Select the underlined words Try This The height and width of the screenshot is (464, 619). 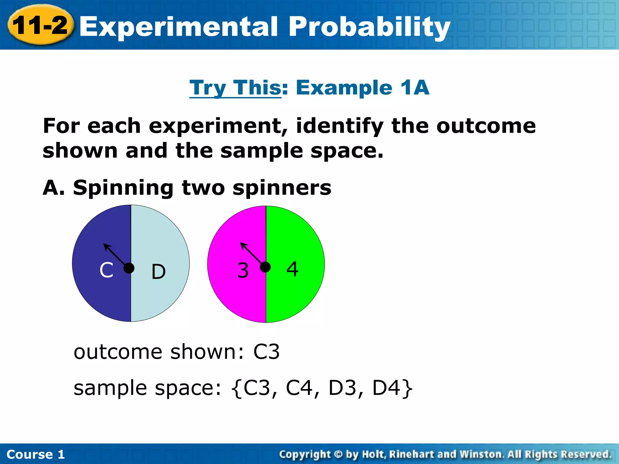235,88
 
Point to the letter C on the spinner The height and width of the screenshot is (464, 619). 106,270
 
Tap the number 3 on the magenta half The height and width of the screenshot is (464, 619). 243,270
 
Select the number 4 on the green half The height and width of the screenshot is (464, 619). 292,269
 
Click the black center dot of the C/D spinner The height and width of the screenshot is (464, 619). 129,268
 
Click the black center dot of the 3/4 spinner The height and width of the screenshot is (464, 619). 265,267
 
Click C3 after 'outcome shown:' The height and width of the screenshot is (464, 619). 266,352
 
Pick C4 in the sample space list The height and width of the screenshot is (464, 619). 299,388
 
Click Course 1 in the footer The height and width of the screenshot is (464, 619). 36,454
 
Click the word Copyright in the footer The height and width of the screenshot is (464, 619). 305,454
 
